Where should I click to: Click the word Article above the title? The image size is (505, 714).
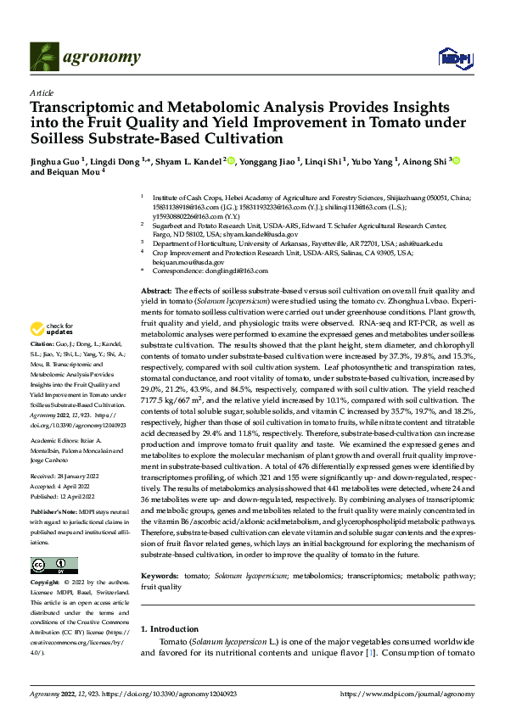coord(42,92)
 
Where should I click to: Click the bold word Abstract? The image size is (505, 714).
coord(158,291)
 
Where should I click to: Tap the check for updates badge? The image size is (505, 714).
coord(53,329)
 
